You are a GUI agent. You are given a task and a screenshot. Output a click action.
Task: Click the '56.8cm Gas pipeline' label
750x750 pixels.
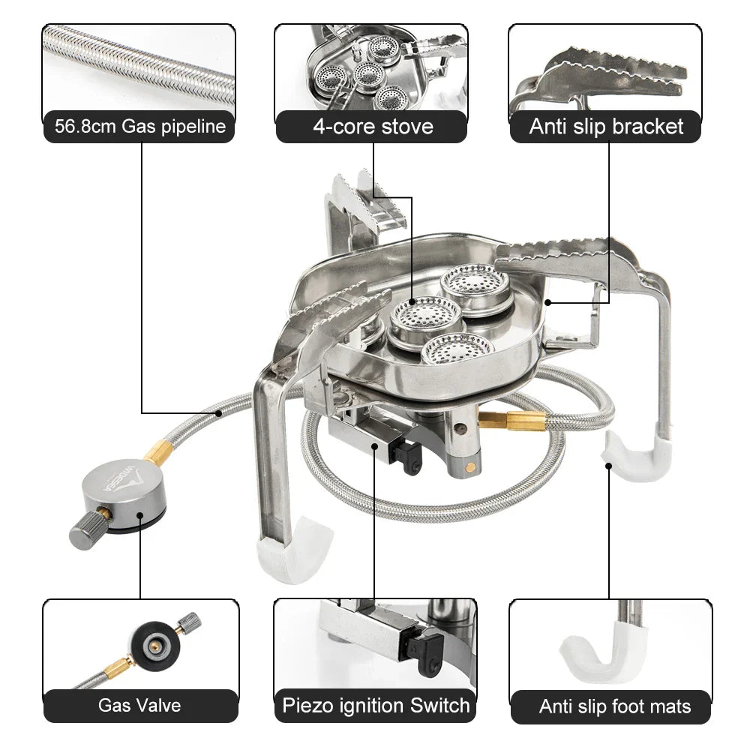(x=139, y=126)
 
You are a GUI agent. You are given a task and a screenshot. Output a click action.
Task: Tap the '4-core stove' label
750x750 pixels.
(x=373, y=126)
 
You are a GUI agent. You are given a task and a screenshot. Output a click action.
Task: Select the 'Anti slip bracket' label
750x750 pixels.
(x=606, y=126)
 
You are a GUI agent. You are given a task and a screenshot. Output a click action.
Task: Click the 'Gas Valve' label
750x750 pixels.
(x=139, y=706)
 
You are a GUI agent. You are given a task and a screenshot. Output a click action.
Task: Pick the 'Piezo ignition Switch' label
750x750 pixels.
(x=376, y=706)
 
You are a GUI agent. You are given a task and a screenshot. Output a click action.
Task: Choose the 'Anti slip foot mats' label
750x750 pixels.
(x=614, y=706)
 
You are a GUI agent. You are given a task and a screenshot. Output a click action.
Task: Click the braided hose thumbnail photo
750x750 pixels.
(x=139, y=67)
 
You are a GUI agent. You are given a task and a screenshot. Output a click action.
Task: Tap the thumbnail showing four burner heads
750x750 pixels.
(x=371, y=67)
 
